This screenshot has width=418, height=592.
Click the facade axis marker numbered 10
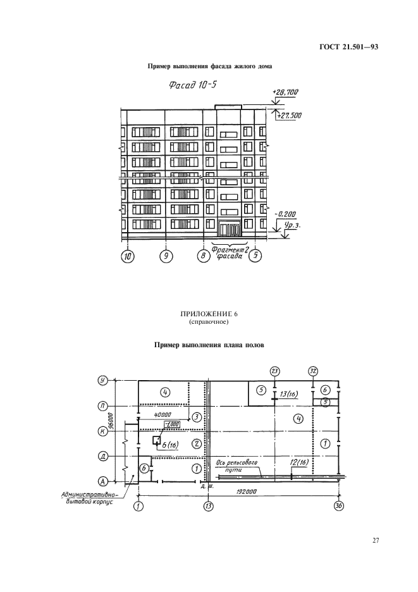point(128,256)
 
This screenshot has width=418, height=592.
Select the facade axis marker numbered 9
point(166,256)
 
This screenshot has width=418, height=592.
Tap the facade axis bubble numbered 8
point(203,256)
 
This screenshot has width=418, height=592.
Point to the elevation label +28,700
point(285,92)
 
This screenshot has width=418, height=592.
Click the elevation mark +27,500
point(289,116)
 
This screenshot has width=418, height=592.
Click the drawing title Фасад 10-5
point(193,85)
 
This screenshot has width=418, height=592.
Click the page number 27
point(376,540)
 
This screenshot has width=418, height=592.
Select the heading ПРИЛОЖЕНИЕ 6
point(209,314)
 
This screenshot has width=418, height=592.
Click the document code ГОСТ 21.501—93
point(349,47)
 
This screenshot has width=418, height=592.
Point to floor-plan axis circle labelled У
point(102,381)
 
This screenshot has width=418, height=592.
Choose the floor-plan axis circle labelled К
point(102,431)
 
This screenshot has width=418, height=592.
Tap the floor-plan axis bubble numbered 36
point(339,506)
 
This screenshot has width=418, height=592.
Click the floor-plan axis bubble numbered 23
point(274,371)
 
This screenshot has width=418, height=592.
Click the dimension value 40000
point(163,414)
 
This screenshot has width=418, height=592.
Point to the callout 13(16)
point(289,394)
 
